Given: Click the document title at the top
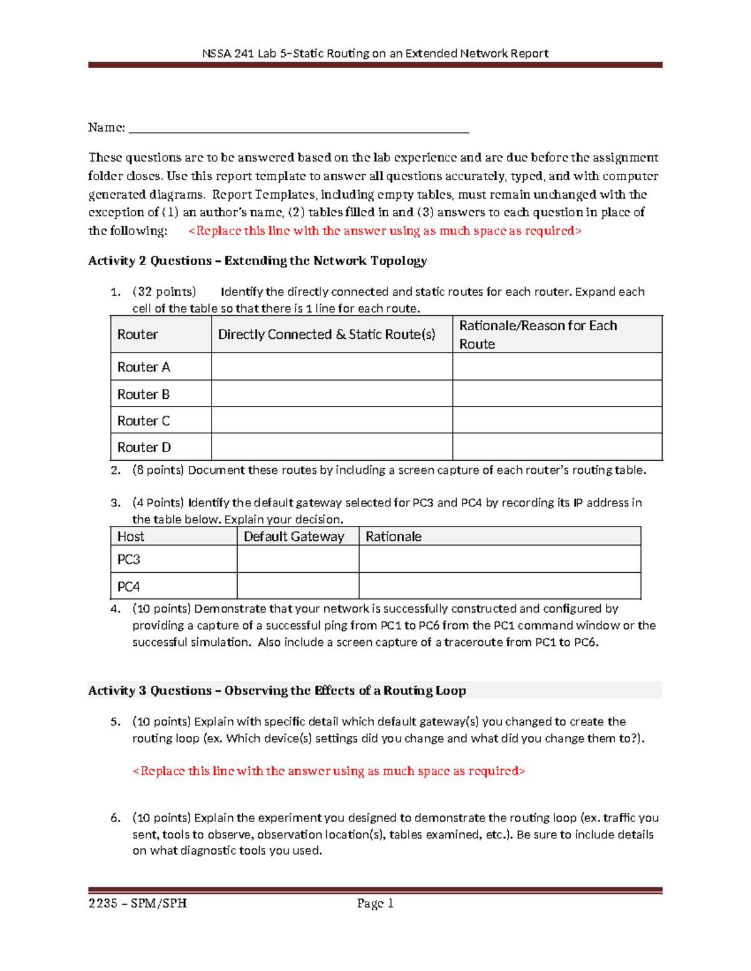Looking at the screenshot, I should [x=375, y=53].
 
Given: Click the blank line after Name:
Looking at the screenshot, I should [x=299, y=128].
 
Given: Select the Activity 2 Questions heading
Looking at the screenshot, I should [x=257, y=261].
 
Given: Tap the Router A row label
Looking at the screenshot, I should [x=143, y=367].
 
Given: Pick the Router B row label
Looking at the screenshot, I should [x=143, y=395].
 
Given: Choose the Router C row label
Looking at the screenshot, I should [x=143, y=421].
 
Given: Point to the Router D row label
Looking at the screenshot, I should [x=144, y=448].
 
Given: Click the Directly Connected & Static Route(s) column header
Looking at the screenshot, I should [x=326, y=335].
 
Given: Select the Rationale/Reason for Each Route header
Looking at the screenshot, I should [x=538, y=335].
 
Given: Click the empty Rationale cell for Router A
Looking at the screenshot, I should [x=557, y=367].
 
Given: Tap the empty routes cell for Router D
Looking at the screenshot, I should [x=332, y=448].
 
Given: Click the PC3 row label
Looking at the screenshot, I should [x=129, y=560].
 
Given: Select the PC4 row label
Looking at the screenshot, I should [x=129, y=586].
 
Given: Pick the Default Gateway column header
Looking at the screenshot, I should [x=294, y=536].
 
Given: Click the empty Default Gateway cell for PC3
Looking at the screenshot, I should [x=298, y=560].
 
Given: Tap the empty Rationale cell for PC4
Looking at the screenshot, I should [x=499, y=586].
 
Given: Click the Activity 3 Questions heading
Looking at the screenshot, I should [x=277, y=690].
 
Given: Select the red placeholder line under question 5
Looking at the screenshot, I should [x=329, y=771].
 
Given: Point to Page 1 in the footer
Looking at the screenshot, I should [x=375, y=903].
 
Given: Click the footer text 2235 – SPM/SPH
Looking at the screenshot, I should [x=138, y=903].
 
